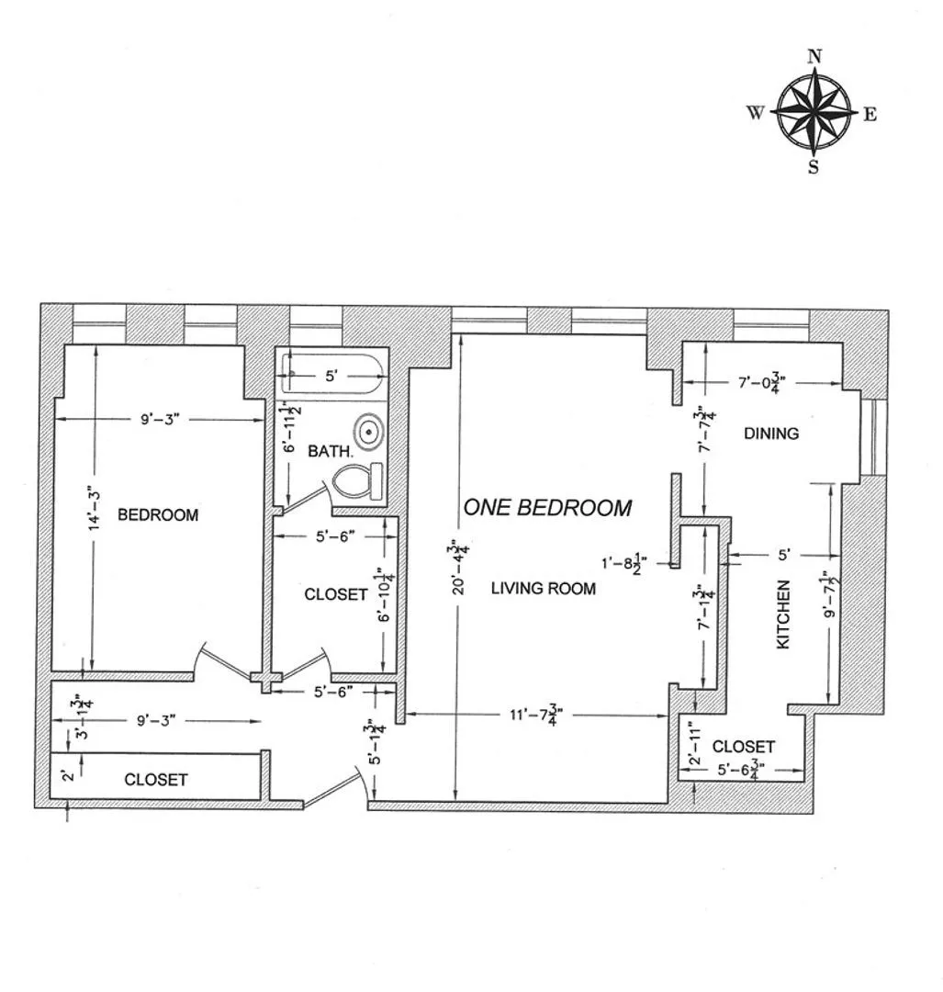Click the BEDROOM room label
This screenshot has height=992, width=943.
[157, 515]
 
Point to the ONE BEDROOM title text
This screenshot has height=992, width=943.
[547, 507]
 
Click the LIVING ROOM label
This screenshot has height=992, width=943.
[543, 589]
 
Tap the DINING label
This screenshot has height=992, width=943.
[770, 434]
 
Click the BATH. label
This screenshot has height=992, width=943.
[329, 451]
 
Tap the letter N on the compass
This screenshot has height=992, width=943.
[814, 56]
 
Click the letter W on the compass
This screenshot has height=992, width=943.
[755, 113]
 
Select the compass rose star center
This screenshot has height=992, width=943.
[814, 113]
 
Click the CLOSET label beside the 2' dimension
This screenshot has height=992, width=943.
[155, 780]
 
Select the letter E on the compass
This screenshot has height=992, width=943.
[870, 114]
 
